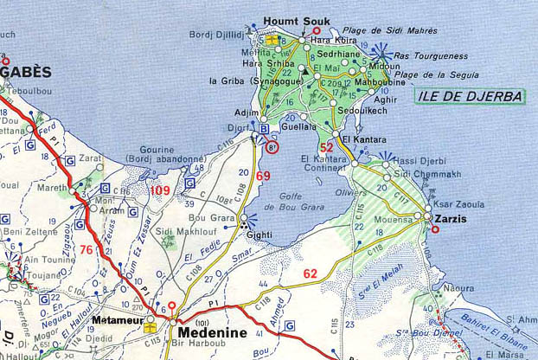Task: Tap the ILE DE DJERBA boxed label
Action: (x=471, y=96)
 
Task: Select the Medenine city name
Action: (x=212, y=333)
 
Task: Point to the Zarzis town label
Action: (x=451, y=219)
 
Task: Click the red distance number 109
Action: (x=160, y=190)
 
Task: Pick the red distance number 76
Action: (x=86, y=250)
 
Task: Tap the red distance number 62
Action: (x=311, y=274)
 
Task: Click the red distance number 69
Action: (x=263, y=176)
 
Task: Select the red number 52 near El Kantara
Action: (x=326, y=147)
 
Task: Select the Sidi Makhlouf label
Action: (x=174, y=232)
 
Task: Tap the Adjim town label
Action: (x=246, y=113)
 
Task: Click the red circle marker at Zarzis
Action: (x=434, y=229)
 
